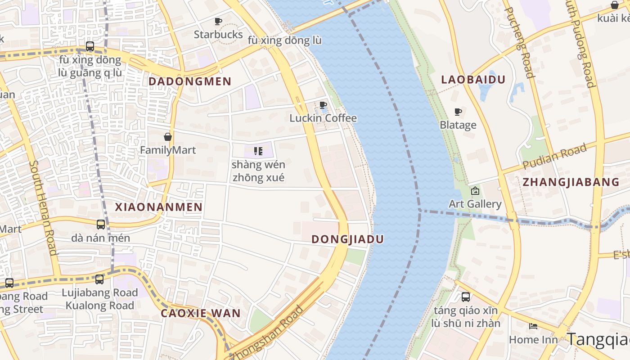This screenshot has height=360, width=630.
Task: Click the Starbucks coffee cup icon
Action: [x=218, y=21]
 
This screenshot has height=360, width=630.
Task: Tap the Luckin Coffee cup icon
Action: [x=323, y=105]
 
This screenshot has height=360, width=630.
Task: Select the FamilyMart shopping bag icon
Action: [x=168, y=136]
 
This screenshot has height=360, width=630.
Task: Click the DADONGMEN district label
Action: [x=190, y=81]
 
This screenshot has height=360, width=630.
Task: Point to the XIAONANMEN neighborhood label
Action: [x=158, y=207]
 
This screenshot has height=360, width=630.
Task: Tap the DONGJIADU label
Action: [x=347, y=239]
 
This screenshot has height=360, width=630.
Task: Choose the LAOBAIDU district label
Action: [x=473, y=80]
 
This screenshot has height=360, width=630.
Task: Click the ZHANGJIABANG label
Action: [x=571, y=182]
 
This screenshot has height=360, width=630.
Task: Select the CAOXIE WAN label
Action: [x=201, y=313]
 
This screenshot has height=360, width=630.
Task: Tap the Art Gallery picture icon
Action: [x=475, y=191]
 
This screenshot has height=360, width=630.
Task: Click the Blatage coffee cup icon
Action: [x=458, y=112]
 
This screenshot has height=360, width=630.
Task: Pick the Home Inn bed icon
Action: [x=533, y=326]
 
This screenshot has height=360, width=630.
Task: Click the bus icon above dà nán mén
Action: [x=101, y=224]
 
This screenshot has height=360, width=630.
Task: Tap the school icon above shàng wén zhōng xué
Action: [x=258, y=151]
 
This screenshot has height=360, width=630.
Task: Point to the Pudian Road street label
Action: [x=554, y=157]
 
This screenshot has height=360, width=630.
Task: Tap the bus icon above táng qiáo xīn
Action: [x=466, y=297]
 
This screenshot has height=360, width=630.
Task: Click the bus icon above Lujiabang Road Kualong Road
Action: [x=99, y=279]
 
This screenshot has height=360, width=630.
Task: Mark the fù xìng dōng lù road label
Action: [x=285, y=40]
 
